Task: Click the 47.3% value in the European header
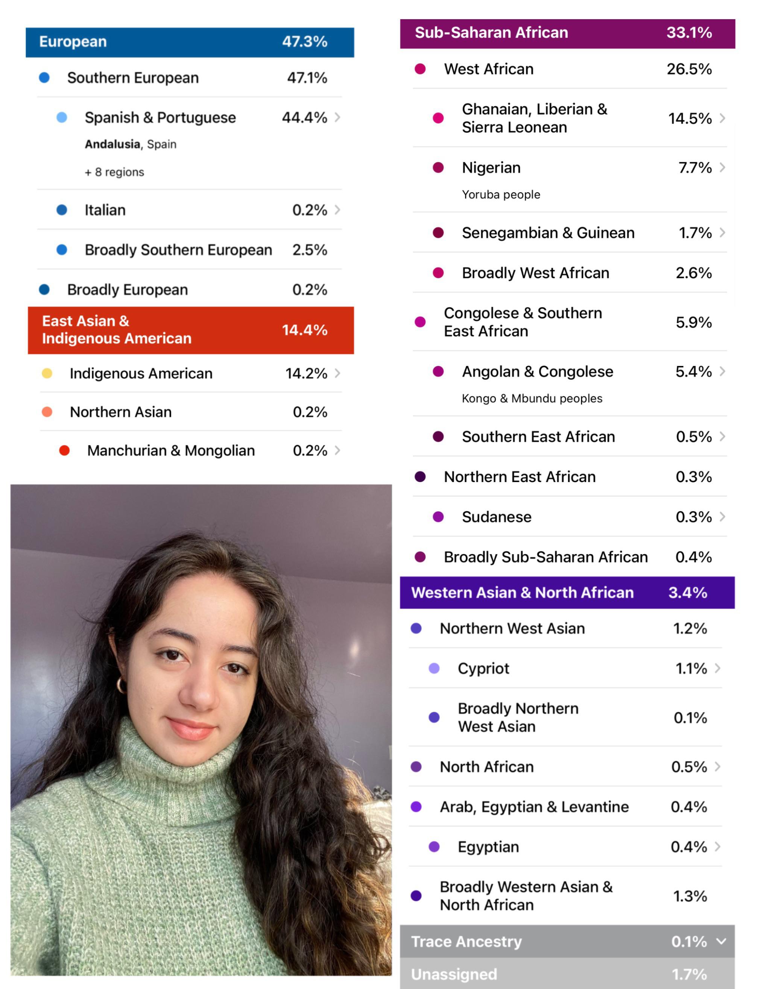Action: click(x=304, y=42)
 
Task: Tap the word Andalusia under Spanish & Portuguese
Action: click(x=112, y=144)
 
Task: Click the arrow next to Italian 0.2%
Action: click(x=337, y=210)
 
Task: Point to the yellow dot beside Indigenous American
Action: click(x=47, y=373)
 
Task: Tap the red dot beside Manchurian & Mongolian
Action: click(x=64, y=450)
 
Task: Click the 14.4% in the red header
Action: click(x=304, y=330)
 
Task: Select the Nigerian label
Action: click(x=491, y=168)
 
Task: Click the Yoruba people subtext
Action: click(x=501, y=195)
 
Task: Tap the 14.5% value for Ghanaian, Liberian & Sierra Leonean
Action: click(x=690, y=119)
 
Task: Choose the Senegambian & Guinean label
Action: click(x=548, y=233)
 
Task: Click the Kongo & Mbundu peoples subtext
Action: click(x=532, y=399)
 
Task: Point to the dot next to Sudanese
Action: click(x=438, y=517)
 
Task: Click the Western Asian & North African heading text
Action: click(x=522, y=592)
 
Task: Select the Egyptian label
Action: click(x=488, y=847)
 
